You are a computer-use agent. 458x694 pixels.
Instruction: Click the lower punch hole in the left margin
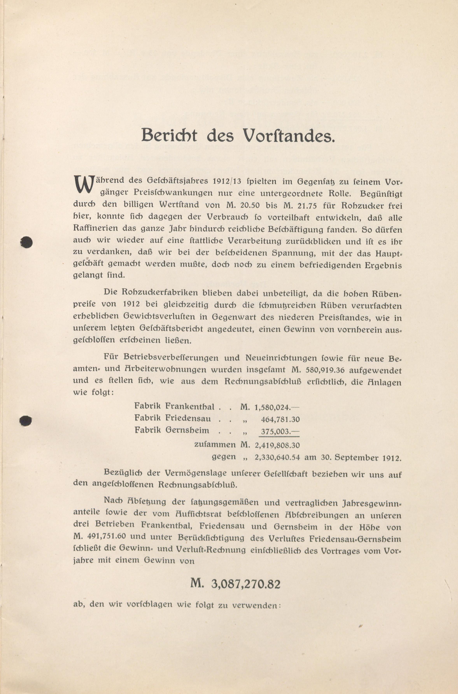tap(25, 421)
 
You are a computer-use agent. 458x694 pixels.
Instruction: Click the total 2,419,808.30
tap(277, 445)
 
